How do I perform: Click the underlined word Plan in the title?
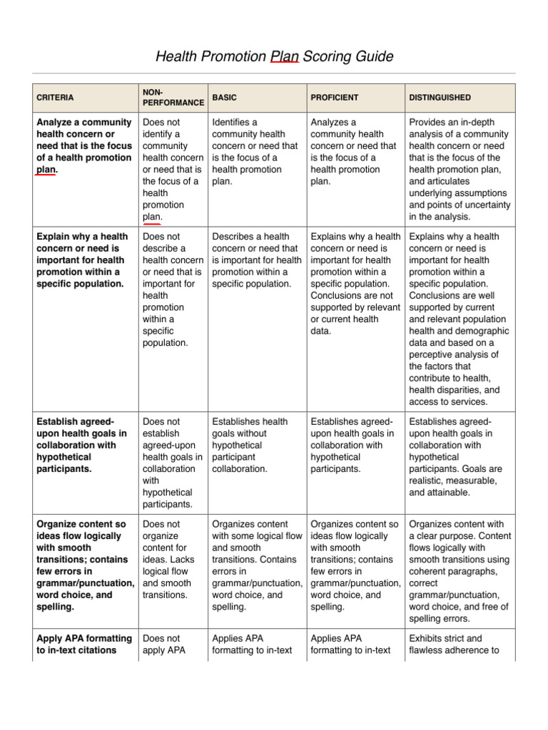point(285,56)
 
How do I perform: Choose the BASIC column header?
point(225,98)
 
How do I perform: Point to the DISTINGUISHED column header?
point(440,98)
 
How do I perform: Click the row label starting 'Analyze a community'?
point(84,146)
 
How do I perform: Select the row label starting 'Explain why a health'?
point(83,260)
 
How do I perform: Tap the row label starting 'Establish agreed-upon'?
point(81,446)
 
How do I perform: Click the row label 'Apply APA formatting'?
point(84,644)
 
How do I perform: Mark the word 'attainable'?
point(447,492)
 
